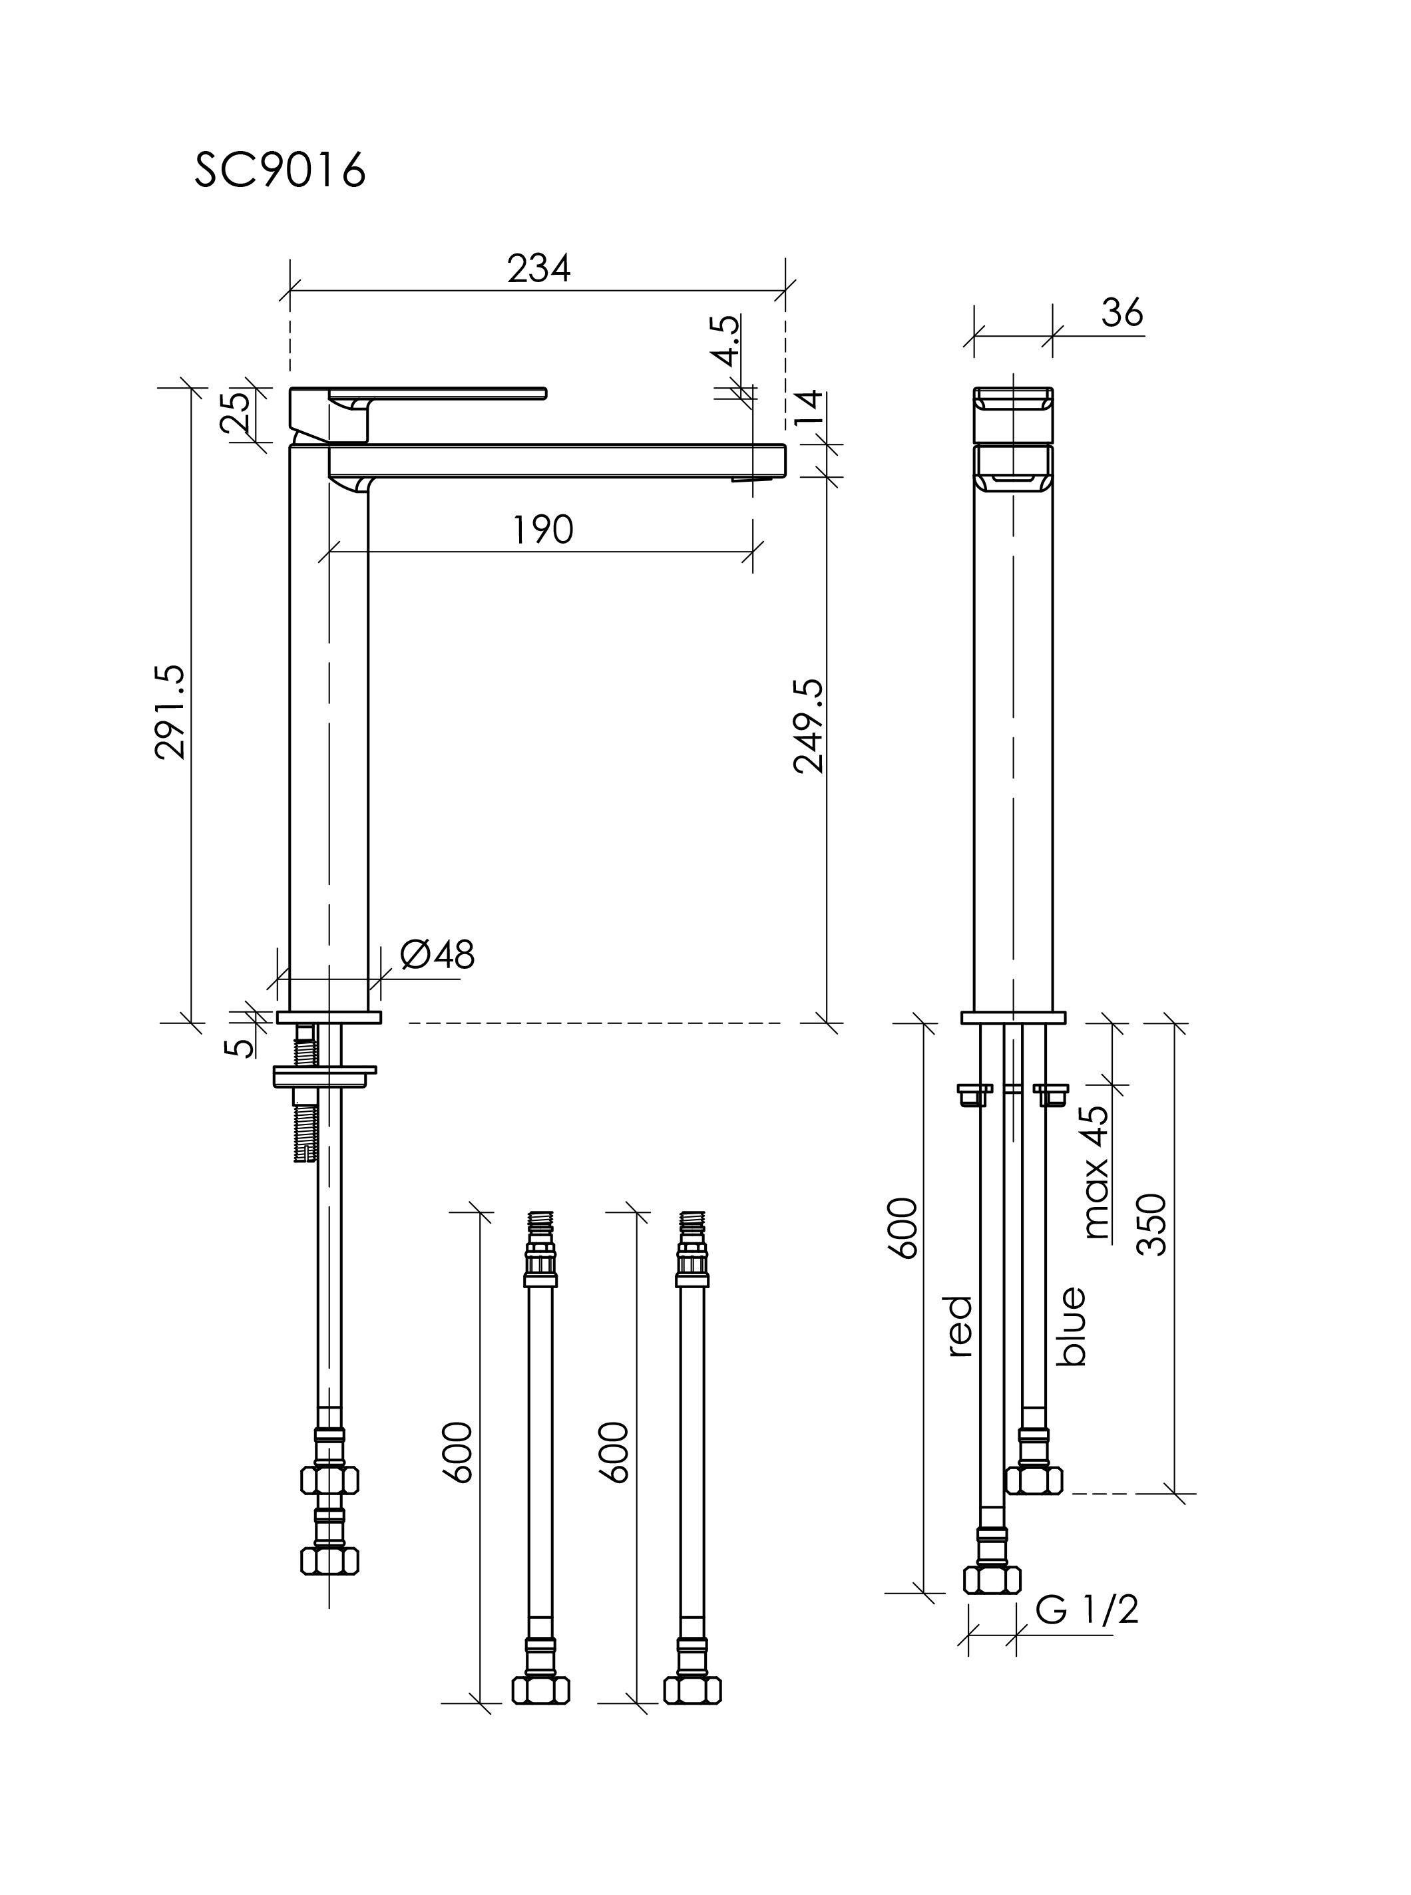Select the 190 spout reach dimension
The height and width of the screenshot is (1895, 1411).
point(543,530)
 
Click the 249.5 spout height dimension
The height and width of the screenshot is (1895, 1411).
point(808,726)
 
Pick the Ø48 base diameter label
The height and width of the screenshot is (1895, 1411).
point(437,955)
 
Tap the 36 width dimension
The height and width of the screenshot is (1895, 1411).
point(1121,313)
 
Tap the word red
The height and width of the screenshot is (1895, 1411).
point(960,1326)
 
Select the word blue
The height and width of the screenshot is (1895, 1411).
point(1071,1326)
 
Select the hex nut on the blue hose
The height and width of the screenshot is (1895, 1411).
point(1034,1480)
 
